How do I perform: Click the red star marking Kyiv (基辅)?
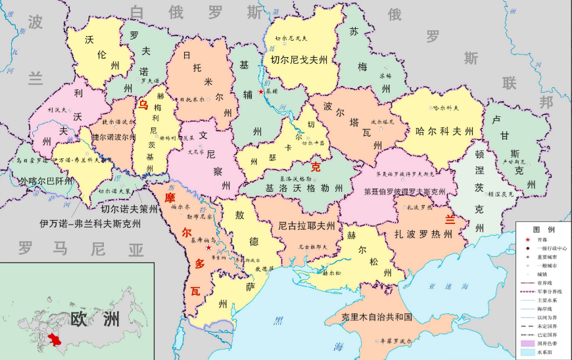pos(261,93)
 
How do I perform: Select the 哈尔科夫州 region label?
pos(445,131)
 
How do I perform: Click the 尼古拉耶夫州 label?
pos(306,226)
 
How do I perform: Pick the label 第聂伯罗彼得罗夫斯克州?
pos(405,192)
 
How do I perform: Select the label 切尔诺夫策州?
pos(130,210)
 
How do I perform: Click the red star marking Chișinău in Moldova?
pos(209,248)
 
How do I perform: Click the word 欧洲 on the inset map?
pos(95,319)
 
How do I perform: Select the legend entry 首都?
pos(542,239)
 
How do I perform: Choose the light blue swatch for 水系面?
pos(526,353)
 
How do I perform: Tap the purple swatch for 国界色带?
pos(526,344)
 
